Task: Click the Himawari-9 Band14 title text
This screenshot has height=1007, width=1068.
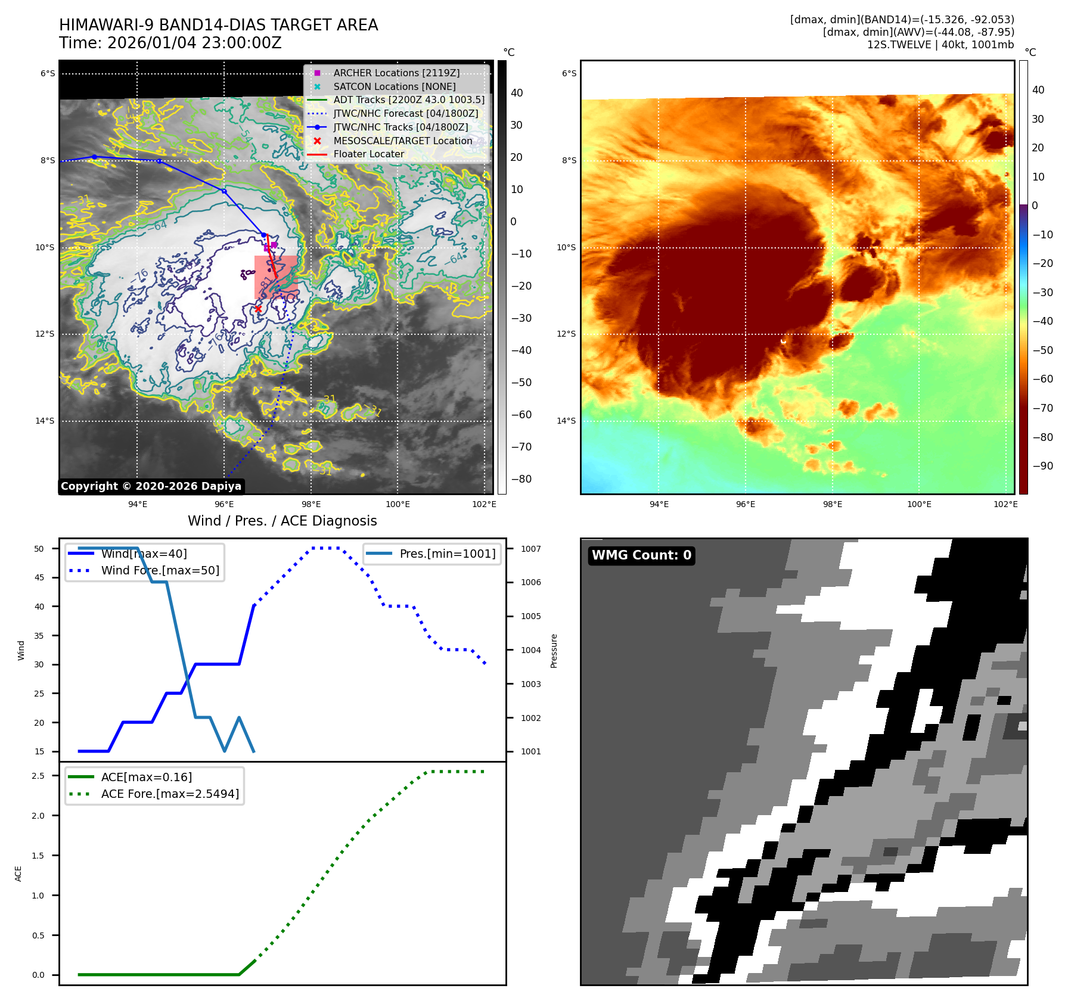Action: point(218,26)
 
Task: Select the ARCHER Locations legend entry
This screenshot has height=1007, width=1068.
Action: point(396,73)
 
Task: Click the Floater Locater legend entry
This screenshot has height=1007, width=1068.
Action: point(368,154)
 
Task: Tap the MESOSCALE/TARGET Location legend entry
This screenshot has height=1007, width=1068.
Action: point(402,141)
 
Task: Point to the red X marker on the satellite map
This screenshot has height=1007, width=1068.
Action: point(258,309)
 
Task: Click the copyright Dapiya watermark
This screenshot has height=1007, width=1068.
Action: point(151,486)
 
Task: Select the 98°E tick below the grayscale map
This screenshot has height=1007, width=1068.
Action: point(311,504)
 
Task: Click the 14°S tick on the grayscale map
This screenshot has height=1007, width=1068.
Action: point(45,421)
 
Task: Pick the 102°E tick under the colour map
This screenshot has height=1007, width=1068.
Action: point(1005,504)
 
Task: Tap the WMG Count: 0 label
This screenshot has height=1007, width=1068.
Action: point(641,555)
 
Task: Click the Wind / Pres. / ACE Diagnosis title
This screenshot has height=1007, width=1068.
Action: point(282,521)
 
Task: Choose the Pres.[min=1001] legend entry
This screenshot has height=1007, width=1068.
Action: point(447,554)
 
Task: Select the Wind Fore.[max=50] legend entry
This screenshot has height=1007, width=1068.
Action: point(160,570)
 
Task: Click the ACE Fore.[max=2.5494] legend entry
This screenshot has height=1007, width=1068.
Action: point(170,794)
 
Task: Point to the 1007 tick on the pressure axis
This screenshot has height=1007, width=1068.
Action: point(530,549)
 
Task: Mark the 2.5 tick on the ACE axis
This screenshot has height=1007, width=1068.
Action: point(38,776)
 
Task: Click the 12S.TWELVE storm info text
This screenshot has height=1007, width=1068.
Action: point(940,45)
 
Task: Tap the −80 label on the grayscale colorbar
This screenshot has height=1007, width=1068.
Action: point(521,479)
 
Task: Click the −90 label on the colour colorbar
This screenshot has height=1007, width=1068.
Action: point(1042,466)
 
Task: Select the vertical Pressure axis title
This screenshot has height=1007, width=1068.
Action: point(554,651)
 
